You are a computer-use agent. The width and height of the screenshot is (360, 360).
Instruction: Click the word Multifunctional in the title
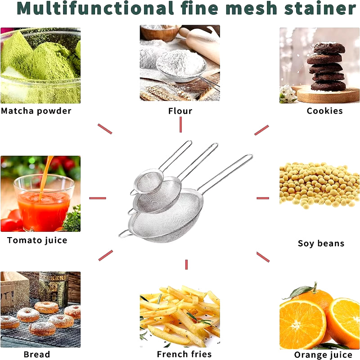pos(95,8)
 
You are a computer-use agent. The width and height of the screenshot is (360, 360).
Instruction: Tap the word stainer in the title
pos(320,8)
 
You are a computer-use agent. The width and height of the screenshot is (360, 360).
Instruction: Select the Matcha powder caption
pos(36,111)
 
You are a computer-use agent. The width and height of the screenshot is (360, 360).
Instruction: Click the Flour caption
pos(180,111)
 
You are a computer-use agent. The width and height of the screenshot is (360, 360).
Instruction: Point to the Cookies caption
pos(324,111)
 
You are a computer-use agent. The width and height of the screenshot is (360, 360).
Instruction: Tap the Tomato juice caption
pos(37,240)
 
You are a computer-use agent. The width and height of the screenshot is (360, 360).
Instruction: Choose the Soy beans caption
pos(321,243)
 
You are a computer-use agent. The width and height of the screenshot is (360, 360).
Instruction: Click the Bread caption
pos(37,354)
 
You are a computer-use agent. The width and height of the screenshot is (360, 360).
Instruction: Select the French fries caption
pos(184,354)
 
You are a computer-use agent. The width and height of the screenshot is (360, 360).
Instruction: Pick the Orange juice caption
pos(323,355)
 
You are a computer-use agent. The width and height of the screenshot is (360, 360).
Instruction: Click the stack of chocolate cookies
pos(327,67)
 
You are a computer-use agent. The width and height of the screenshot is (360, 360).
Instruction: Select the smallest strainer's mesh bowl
pos(148,181)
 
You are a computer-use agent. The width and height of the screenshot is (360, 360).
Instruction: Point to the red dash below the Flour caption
pos(181,125)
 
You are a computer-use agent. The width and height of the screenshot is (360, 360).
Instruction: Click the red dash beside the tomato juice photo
pos(98,198)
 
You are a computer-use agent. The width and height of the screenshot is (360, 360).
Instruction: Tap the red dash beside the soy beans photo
pos(263,198)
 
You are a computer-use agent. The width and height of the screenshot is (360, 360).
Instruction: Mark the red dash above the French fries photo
pos(186,265)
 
